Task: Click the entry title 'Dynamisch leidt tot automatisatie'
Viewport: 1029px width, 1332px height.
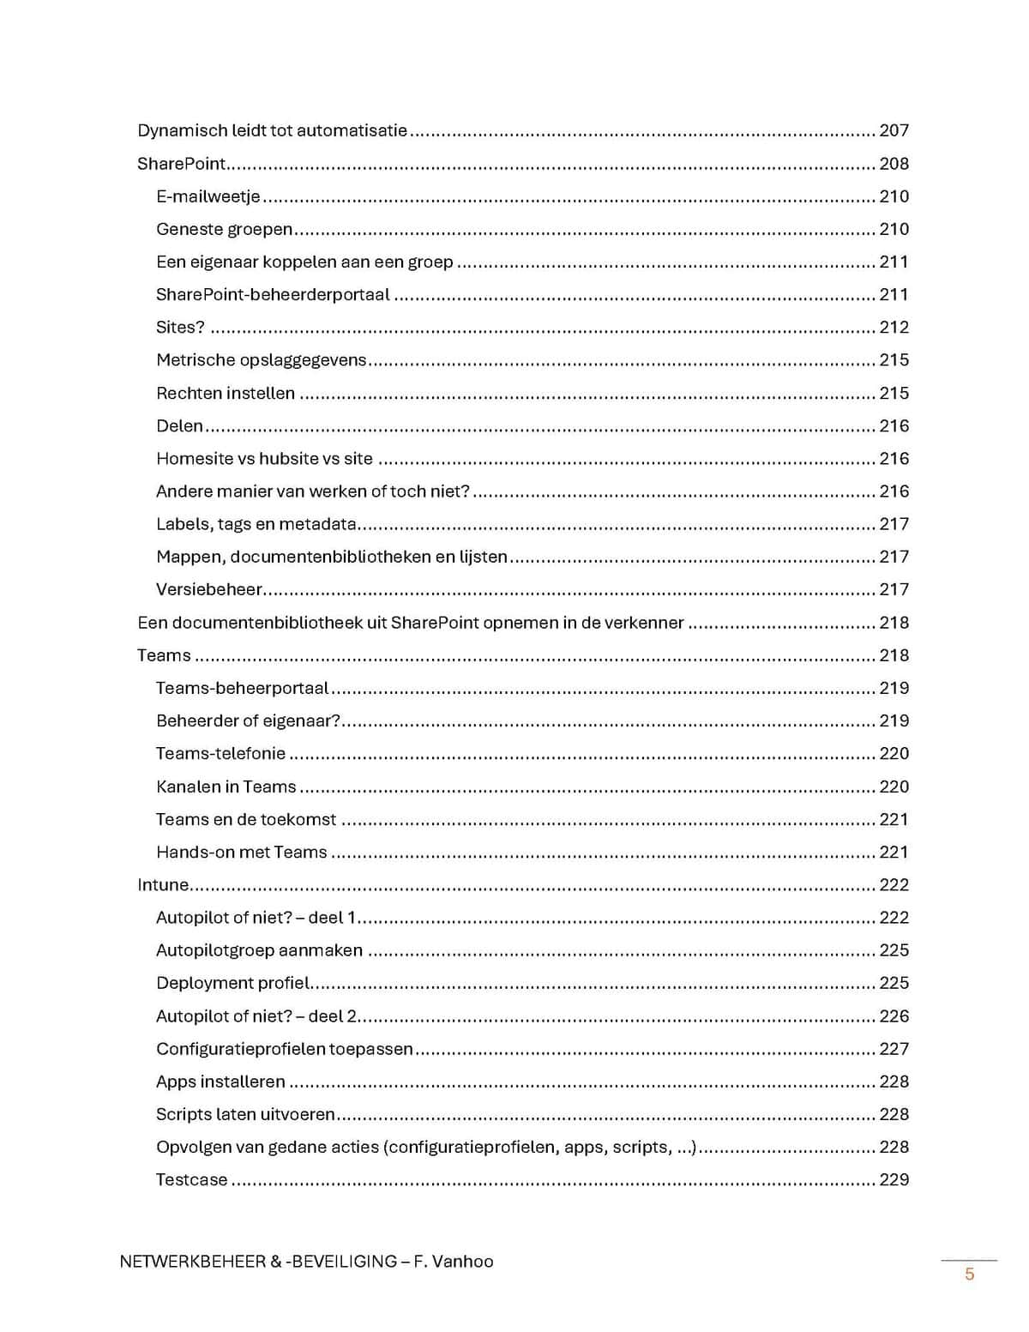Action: pyautogui.click(x=272, y=130)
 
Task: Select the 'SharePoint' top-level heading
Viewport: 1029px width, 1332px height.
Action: pyautogui.click(x=181, y=164)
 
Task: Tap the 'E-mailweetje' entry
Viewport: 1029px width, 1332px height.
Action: pyautogui.click(x=208, y=196)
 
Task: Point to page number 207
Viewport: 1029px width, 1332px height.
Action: pyautogui.click(x=894, y=130)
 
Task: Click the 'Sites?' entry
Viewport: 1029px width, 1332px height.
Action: pyautogui.click(x=180, y=327)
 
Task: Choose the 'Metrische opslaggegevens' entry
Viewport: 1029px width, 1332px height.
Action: pyautogui.click(x=261, y=360)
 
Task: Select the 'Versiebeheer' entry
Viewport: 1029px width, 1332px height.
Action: pyautogui.click(x=208, y=590)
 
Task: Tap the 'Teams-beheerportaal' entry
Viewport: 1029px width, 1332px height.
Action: pyautogui.click(x=242, y=688)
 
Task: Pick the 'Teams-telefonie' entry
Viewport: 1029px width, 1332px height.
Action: pyautogui.click(x=220, y=753)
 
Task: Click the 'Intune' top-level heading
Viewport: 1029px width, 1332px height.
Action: pyautogui.click(x=163, y=884)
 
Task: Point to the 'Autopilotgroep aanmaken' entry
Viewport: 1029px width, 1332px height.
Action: pyautogui.click(x=259, y=950)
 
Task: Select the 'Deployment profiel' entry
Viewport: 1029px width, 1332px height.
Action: pyautogui.click(x=232, y=983)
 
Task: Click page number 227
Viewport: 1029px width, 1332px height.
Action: pyautogui.click(x=894, y=1049)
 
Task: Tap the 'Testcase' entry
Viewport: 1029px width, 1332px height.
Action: pyautogui.click(x=191, y=1180)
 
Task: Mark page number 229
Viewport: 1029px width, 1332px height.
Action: pyautogui.click(x=894, y=1180)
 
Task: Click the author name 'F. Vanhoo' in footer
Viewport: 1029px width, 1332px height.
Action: pyautogui.click(x=454, y=1262)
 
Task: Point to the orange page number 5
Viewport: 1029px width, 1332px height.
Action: pyautogui.click(x=970, y=1274)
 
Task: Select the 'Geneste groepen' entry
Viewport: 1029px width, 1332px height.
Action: pyautogui.click(x=224, y=229)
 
